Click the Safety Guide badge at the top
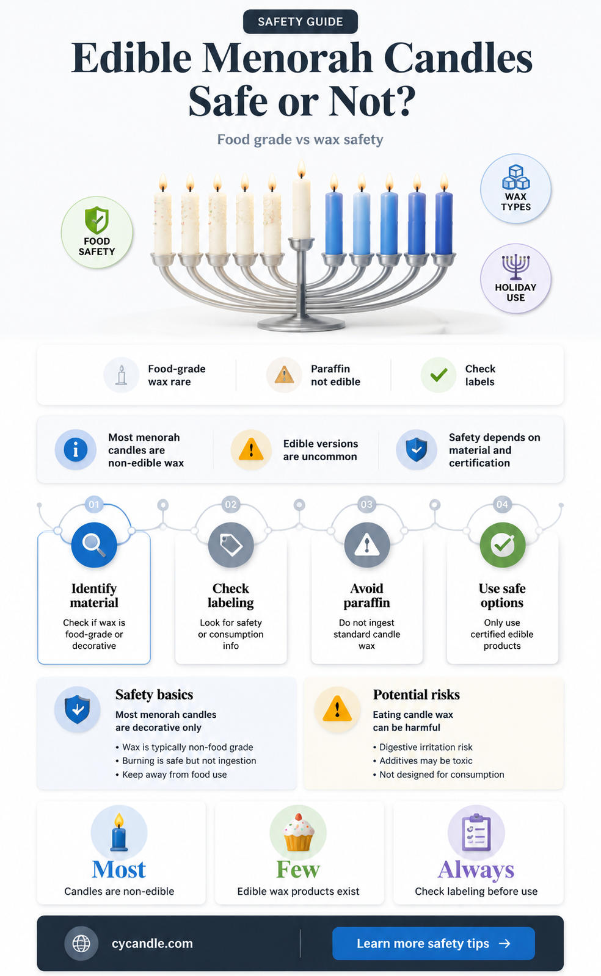(300, 21)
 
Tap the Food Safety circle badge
(97, 232)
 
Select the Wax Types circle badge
(515, 189)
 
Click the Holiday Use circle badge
(515, 278)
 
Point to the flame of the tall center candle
(301, 168)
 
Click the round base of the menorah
(301, 324)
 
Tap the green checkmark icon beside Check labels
(439, 375)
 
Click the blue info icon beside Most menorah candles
(76, 449)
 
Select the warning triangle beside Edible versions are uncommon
(251, 449)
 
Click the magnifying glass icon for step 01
(94, 544)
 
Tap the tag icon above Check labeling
(231, 544)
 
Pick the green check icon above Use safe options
(503, 544)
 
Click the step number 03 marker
(366, 505)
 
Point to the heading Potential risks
(416, 695)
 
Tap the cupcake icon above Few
(298, 833)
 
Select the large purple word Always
(476, 870)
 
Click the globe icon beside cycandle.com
(81, 943)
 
